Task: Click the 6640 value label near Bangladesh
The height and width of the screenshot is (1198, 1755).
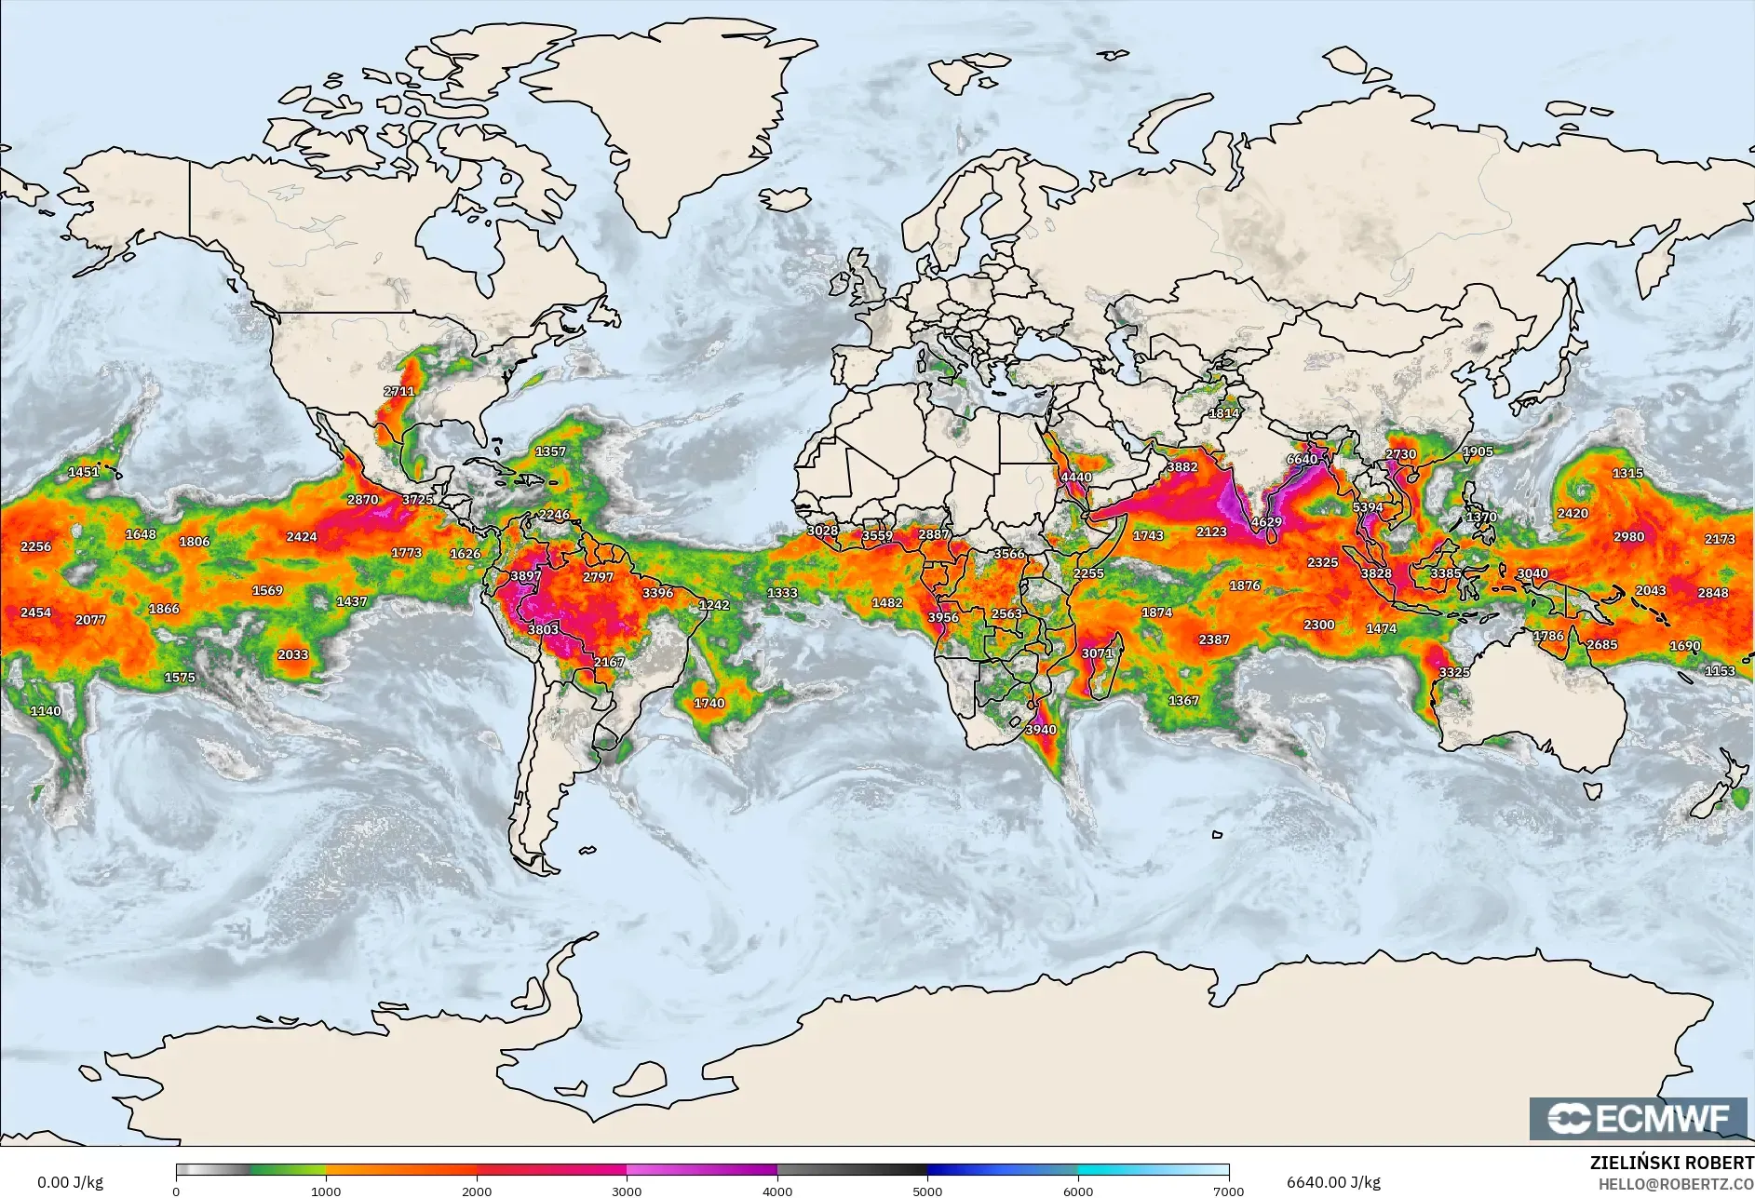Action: [1302, 459]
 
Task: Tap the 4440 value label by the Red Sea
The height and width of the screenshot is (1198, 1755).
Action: [1076, 477]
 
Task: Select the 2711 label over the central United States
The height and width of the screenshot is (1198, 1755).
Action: [398, 391]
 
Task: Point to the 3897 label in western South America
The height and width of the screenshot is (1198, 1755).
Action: [525, 576]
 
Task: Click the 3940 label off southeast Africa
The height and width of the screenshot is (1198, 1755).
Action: [1041, 730]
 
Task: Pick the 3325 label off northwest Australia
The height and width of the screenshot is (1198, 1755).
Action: [1454, 672]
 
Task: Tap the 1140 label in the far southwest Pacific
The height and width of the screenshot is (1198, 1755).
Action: [46, 711]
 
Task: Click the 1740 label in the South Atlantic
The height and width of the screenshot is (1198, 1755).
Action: [709, 703]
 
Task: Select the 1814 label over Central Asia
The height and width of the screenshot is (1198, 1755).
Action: [1223, 413]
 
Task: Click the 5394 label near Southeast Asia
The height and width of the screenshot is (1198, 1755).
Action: [1367, 507]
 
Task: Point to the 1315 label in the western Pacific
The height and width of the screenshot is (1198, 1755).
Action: [1627, 473]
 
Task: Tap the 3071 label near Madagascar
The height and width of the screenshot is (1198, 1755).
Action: [1097, 653]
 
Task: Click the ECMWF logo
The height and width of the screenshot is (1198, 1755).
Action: [1639, 1118]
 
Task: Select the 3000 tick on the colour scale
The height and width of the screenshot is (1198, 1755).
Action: [627, 1191]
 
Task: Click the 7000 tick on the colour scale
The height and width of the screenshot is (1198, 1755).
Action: [1229, 1191]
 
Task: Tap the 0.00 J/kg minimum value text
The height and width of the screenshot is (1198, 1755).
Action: [70, 1182]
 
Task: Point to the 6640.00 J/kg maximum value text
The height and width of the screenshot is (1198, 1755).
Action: [1333, 1182]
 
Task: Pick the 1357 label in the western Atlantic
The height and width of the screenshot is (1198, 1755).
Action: [550, 451]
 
